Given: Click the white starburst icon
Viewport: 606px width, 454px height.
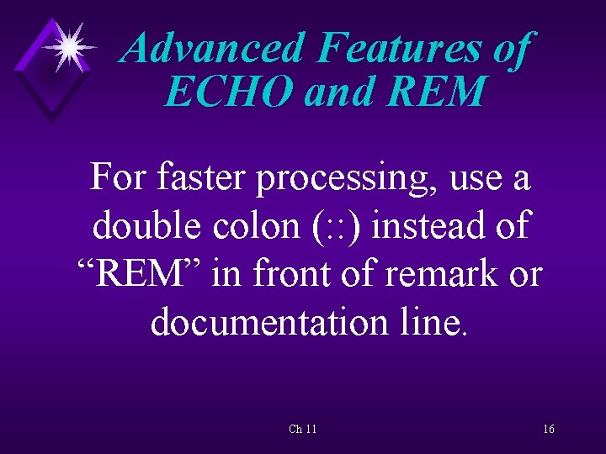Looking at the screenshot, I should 68,45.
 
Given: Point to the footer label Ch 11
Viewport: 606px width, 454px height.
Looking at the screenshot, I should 302,430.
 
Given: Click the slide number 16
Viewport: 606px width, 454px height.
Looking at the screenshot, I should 548,430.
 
